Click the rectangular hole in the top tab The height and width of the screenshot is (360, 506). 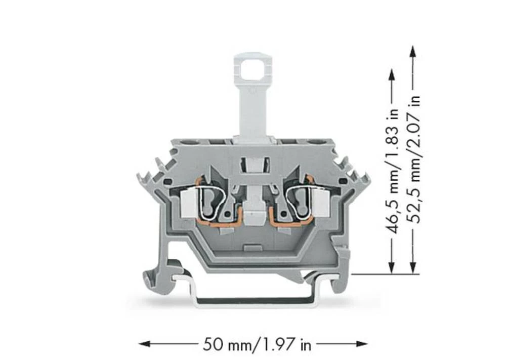(x=252, y=72)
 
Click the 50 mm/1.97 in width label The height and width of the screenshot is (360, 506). (x=257, y=345)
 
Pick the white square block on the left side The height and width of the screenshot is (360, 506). (x=188, y=204)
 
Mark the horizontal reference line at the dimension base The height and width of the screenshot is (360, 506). (x=385, y=274)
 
